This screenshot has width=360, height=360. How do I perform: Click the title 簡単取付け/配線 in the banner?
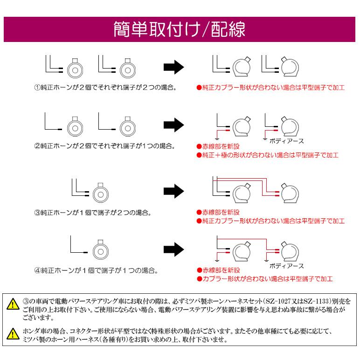coord(180,29)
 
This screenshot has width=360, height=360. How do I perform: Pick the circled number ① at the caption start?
coord(38,87)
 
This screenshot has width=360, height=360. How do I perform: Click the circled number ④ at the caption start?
coord(38,270)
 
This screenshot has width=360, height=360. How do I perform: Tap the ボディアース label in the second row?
coord(287,139)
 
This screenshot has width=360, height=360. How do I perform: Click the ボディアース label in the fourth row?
coord(287,266)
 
